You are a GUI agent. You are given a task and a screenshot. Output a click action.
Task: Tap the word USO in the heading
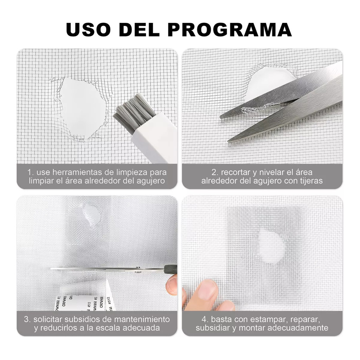point(88,30)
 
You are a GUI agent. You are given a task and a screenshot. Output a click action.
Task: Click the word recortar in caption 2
point(232,172)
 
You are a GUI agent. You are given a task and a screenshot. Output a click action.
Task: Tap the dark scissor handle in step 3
point(171,269)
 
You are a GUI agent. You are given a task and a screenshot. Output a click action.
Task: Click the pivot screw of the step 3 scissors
point(138,268)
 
